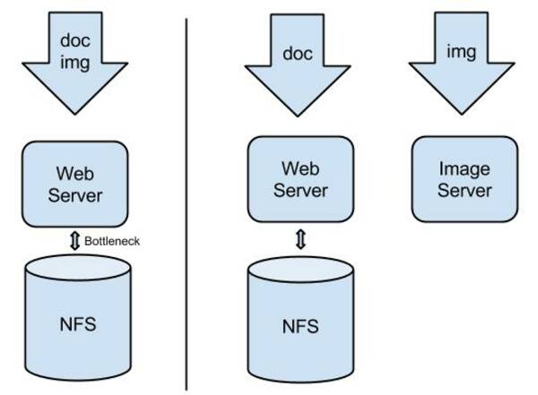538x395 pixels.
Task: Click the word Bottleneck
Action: coord(112,241)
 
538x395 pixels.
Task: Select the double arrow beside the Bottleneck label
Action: coord(74,241)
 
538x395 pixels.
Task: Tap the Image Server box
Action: coord(464,179)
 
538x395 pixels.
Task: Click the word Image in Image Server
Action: coord(464,167)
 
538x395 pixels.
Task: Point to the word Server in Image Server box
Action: coord(464,190)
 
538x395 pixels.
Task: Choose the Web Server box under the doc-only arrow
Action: coord(300,178)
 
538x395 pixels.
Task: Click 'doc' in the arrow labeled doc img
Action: coord(74,40)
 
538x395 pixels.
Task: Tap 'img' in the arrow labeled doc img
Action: coord(74,62)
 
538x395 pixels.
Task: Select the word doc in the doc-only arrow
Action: coord(299,54)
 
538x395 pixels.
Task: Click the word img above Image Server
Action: coord(464,53)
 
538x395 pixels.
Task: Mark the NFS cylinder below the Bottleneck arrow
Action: coord(75,322)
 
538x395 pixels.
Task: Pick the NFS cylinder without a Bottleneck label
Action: coord(300,325)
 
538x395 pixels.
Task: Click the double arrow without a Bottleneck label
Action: coord(300,239)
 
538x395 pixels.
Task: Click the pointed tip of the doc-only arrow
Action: coord(299,114)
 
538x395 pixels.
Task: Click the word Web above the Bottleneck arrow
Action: coord(75,171)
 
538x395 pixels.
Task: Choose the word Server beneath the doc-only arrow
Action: coord(300,190)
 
